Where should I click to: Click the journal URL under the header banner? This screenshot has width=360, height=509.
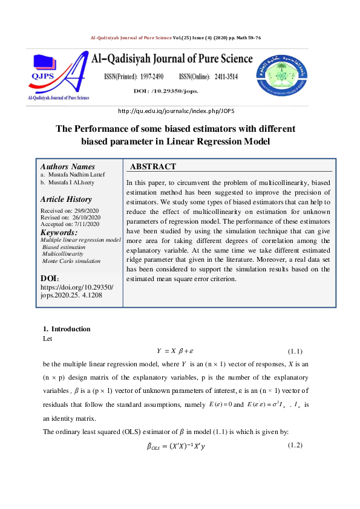click(x=180, y=112)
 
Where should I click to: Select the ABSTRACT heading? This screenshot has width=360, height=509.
click(x=153, y=167)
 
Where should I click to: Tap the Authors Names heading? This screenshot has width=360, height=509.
click(x=67, y=167)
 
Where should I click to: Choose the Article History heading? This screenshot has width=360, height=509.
click(x=66, y=199)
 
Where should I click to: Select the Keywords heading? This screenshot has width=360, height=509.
click(x=58, y=233)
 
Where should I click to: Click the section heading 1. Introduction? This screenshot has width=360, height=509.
click(x=67, y=329)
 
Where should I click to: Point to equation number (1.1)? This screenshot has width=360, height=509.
click(x=294, y=351)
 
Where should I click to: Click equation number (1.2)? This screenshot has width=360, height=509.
click(x=294, y=446)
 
